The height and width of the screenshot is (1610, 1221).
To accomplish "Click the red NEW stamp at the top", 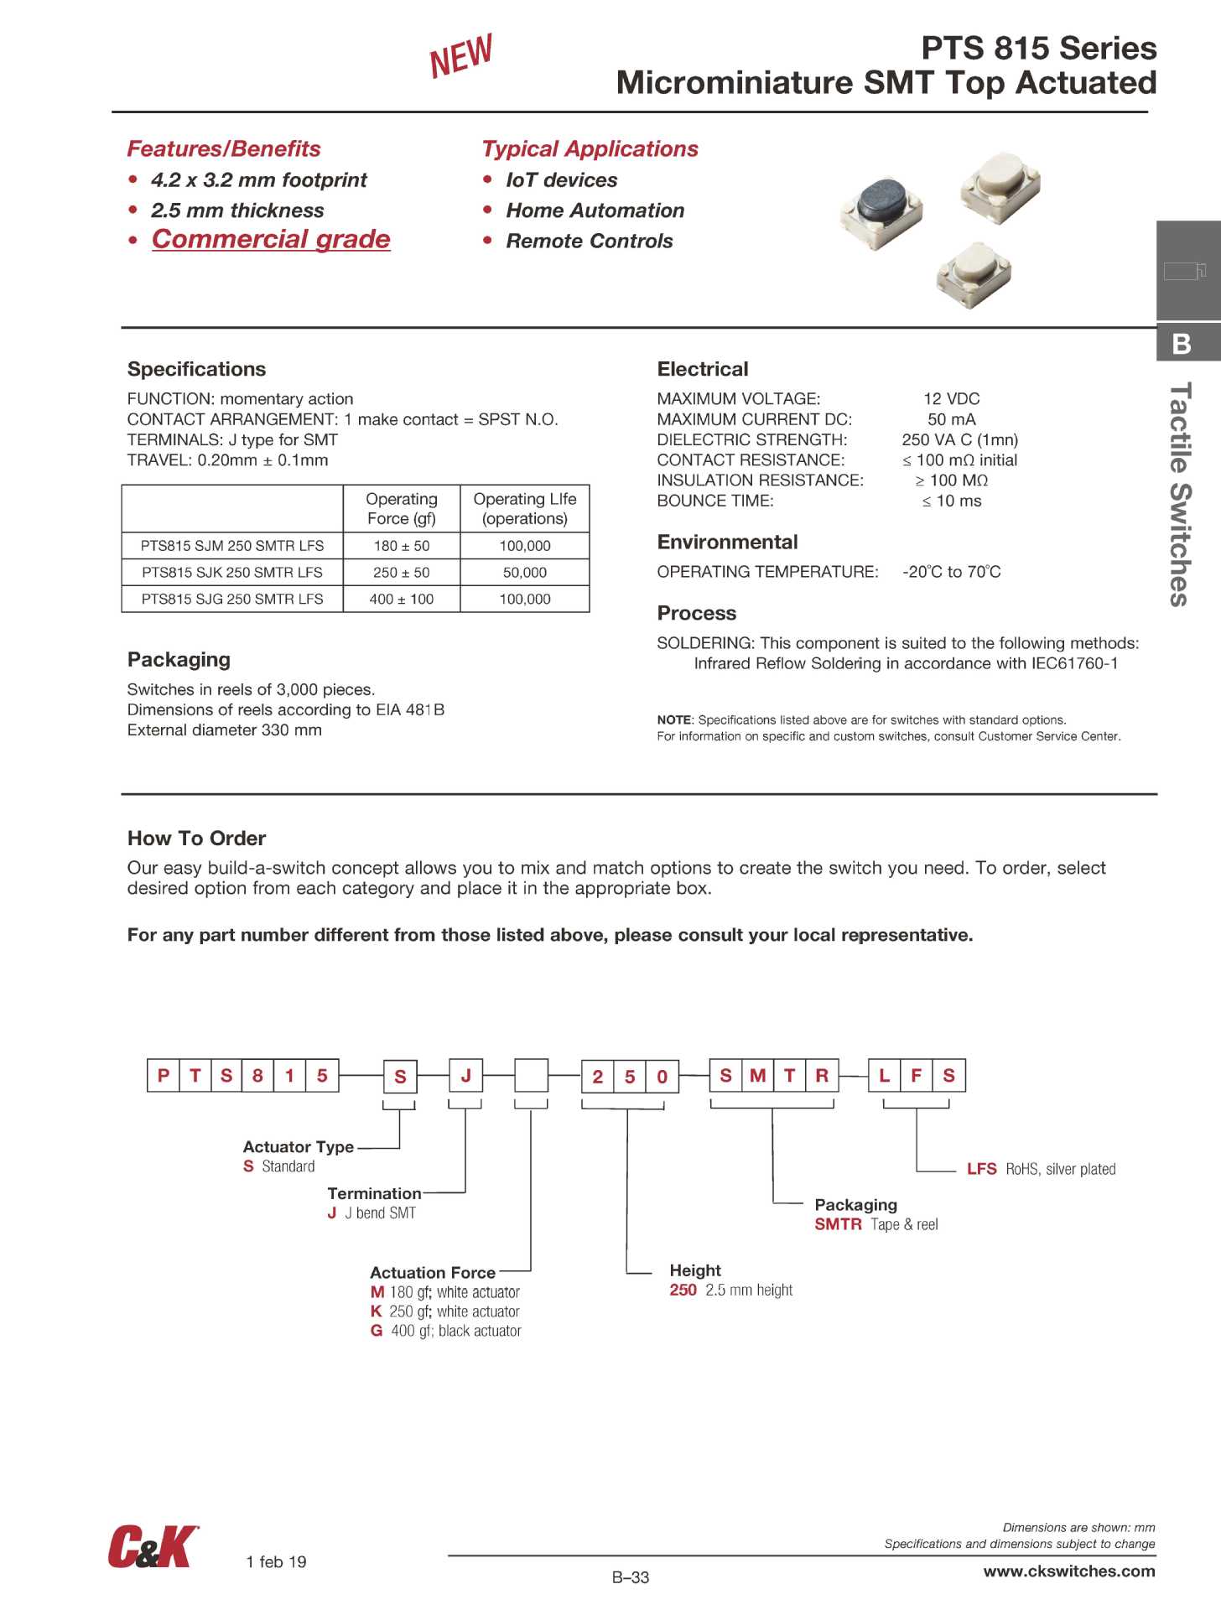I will click(460, 56).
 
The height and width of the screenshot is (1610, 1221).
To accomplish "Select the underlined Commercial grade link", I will click(271, 239).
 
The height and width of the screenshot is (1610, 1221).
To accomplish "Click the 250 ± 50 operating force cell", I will click(402, 573).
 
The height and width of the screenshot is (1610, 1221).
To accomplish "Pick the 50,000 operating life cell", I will click(525, 573).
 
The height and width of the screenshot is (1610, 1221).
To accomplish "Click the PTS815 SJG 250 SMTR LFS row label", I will click(232, 600).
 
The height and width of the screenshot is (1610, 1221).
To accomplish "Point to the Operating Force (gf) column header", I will click(402, 509).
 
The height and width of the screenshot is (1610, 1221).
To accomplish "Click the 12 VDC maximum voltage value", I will click(952, 399).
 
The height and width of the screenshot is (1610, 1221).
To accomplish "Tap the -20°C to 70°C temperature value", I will click(952, 572).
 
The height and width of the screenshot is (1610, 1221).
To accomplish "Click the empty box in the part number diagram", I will click(531, 1076).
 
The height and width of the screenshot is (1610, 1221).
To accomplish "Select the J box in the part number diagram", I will click(465, 1076).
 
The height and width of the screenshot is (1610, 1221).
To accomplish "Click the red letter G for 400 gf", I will click(377, 1331).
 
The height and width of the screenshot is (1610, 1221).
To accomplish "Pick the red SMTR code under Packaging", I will click(838, 1224).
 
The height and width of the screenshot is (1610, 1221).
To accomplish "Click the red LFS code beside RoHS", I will click(981, 1169).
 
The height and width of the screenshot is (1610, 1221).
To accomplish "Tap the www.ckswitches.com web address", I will click(1069, 1571).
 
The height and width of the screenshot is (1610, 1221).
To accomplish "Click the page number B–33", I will click(631, 1577).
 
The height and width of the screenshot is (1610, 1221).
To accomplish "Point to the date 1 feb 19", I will click(276, 1561).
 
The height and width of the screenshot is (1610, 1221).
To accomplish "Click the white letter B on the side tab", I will click(1182, 344).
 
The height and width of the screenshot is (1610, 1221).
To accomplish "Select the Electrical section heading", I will click(703, 370).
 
